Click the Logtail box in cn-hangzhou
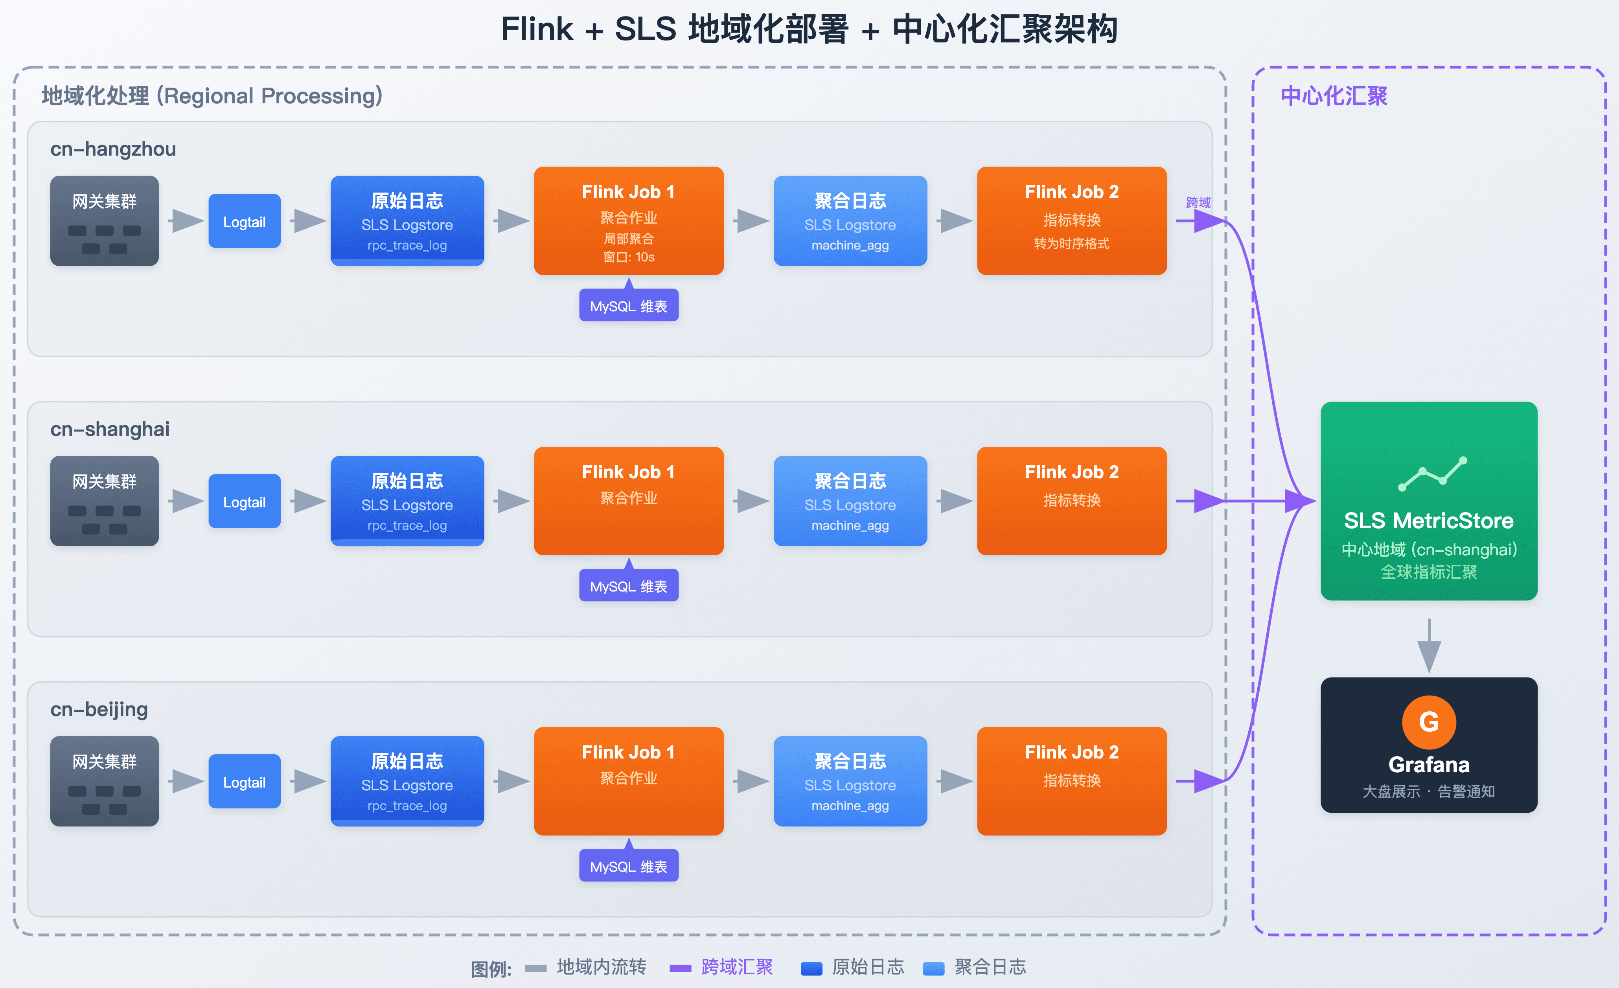pyautogui.click(x=245, y=221)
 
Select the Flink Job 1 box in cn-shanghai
pyautogui.click(x=629, y=501)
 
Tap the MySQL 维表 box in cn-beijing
pyautogui.click(x=629, y=866)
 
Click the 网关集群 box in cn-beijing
pyautogui.click(x=105, y=780)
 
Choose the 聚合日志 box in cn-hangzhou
pyautogui.click(x=850, y=221)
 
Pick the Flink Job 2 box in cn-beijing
pyautogui.click(x=1072, y=780)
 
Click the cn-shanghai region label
pyautogui.click(x=110, y=429)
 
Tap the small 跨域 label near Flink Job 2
pyautogui.click(x=1198, y=202)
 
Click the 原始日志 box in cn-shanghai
pyautogui.click(x=407, y=501)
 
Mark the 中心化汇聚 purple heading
pyautogui.click(x=1334, y=96)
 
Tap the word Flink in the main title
pyautogui.click(x=537, y=29)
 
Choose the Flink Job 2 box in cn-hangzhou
pyautogui.click(x=1072, y=221)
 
